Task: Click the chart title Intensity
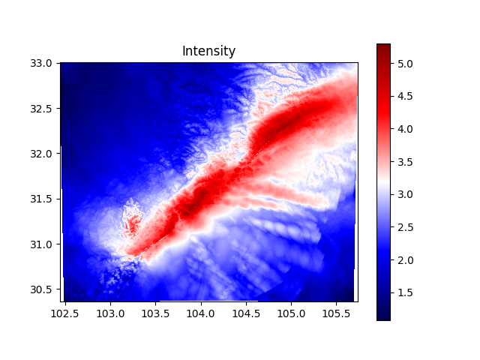point(208,52)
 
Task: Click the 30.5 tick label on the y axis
point(43,289)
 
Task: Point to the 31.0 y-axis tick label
point(43,244)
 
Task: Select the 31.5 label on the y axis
point(43,199)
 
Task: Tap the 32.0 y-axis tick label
point(43,154)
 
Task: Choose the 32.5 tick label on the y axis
point(43,109)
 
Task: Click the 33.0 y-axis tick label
point(43,64)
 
